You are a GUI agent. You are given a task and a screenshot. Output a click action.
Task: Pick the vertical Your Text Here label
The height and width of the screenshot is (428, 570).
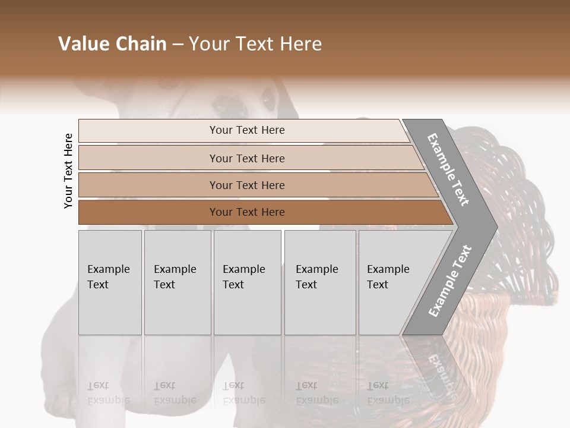(68, 171)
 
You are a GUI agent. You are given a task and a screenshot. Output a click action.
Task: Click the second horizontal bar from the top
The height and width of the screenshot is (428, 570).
(246, 158)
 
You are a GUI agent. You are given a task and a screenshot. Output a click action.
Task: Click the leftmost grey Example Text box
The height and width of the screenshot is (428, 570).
(110, 282)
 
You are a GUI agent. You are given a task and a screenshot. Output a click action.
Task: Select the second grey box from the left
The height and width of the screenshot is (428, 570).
(177, 282)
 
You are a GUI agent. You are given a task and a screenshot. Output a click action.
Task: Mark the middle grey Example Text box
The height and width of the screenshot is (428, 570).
(247, 282)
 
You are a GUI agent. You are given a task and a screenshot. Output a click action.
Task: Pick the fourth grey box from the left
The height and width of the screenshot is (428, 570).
(319, 282)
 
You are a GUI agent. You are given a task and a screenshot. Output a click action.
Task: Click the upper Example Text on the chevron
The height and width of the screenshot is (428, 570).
(449, 169)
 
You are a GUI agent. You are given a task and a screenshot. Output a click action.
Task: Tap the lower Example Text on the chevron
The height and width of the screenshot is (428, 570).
(449, 281)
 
